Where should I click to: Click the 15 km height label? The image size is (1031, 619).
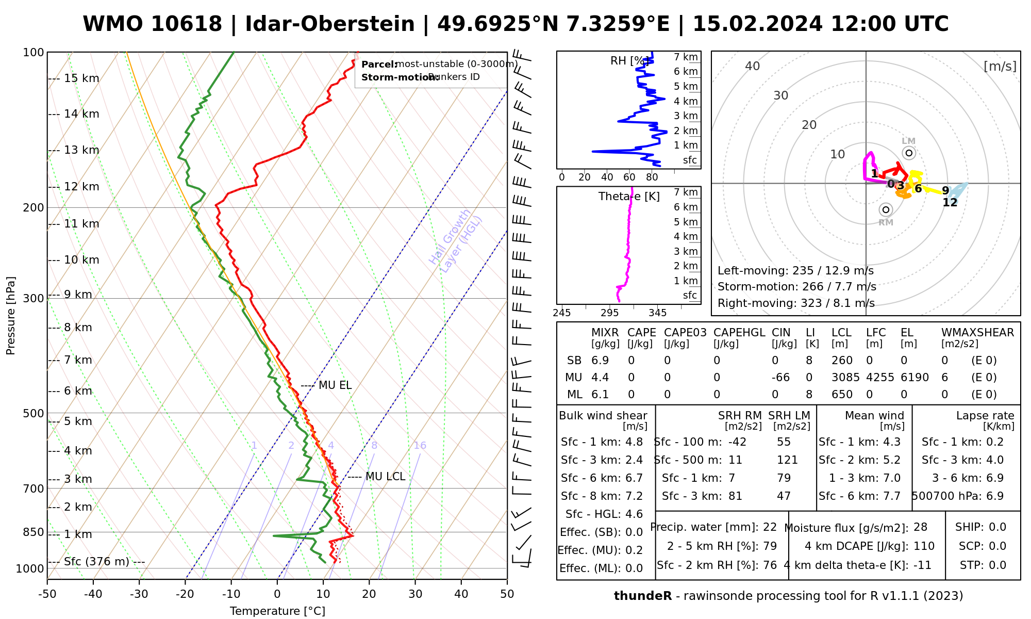[x=81, y=78]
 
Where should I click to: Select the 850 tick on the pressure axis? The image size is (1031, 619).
[x=34, y=532]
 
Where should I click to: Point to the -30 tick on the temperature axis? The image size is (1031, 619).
[x=139, y=594]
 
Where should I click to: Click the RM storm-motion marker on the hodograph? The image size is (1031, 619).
[x=886, y=209]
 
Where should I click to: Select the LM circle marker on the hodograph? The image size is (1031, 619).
[x=909, y=153]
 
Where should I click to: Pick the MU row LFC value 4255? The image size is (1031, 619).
[x=880, y=378]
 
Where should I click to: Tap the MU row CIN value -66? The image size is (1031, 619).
[x=781, y=378]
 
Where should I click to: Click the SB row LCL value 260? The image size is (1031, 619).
[x=842, y=361]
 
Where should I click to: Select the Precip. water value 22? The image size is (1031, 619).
[x=770, y=527]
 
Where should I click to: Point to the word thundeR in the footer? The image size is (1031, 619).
[x=642, y=596]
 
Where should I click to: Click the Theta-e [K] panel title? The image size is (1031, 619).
[x=629, y=197]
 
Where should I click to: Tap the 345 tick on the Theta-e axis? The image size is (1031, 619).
[x=657, y=313]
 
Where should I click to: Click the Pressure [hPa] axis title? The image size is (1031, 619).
[x=11, y=316]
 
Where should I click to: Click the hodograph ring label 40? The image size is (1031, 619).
[x=753, y=66]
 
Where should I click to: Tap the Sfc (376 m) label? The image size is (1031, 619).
[x=96, y=562]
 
